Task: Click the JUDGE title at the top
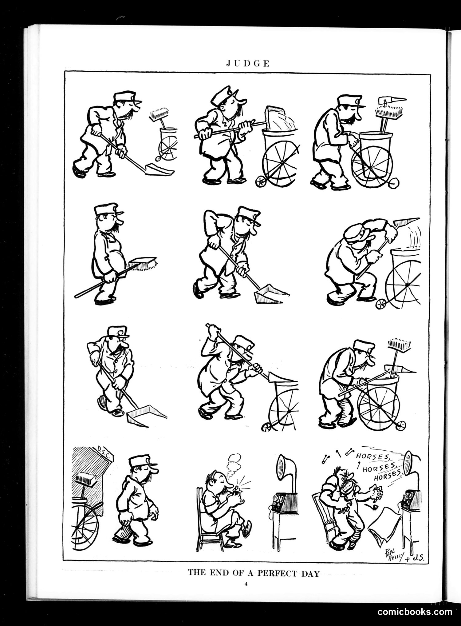tap(248, 64)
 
